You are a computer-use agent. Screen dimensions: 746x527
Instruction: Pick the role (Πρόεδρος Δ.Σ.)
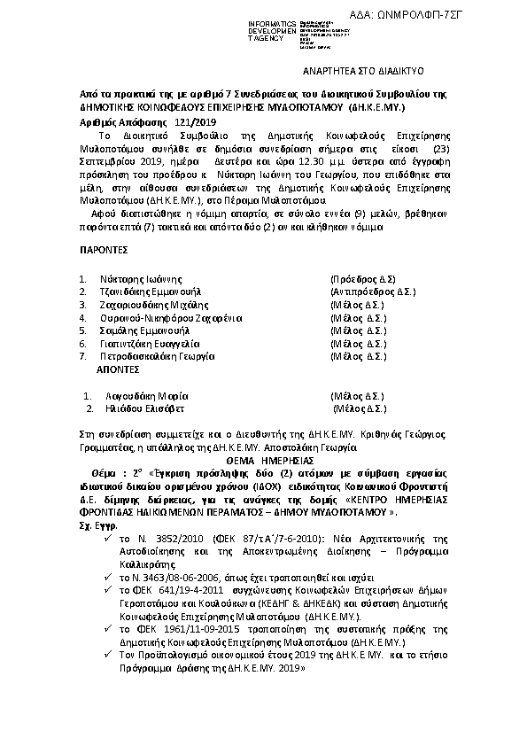click(362, 277)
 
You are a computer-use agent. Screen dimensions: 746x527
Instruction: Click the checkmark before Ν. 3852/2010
click(107, 539)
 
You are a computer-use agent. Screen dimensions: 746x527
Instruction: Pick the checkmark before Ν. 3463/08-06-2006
click(107, 577)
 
